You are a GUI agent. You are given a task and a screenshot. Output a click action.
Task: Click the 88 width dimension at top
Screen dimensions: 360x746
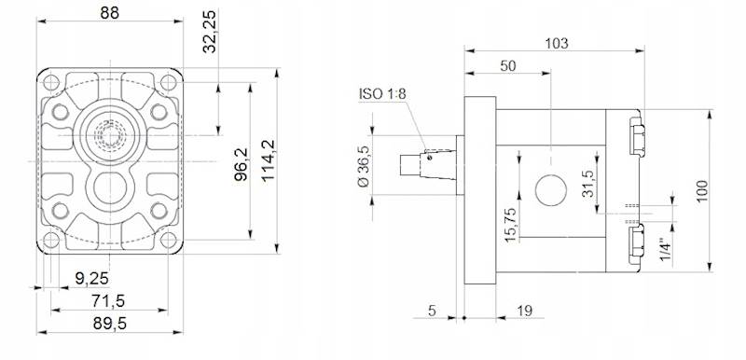111,13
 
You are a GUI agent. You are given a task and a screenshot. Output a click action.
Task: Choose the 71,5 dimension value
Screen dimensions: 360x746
110,300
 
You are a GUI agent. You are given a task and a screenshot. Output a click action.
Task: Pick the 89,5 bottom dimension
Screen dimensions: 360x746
110,324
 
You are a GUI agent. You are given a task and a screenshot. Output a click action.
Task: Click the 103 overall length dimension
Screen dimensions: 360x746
556,43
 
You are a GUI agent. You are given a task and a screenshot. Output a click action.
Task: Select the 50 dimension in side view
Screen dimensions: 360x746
508,66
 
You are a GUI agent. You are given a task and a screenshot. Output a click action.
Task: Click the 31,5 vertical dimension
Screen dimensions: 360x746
587,181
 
